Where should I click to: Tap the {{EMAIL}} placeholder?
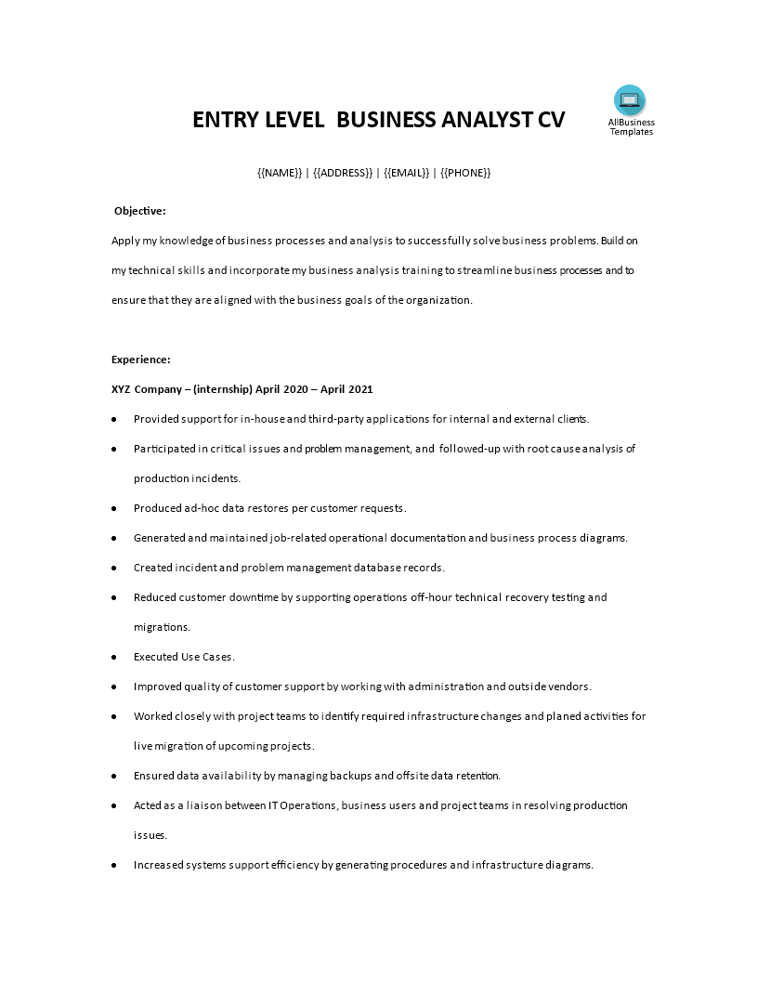pyautogui.click(x=406, y=173)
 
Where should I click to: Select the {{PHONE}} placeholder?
pyautogui.click(x=465, y=173)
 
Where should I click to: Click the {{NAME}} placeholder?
pyautogui.click(x=280, y=173)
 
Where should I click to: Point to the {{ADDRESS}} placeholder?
pyautogui.click(x=343, y=173)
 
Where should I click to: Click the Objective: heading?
pyautogui.click(x=139, y=211)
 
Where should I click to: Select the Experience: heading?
pyautogui.click(x=140, y=360)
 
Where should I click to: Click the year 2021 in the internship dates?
pyautogui.click(x=359, y=389)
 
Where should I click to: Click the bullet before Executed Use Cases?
pyautogui.click(x=113, y=657)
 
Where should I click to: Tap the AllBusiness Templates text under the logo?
pyautogui.click(x=631, y=127)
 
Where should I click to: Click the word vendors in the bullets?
pyautogui.click(x=568, y=687)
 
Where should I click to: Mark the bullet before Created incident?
pyautogui.click(x=113, y=568)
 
